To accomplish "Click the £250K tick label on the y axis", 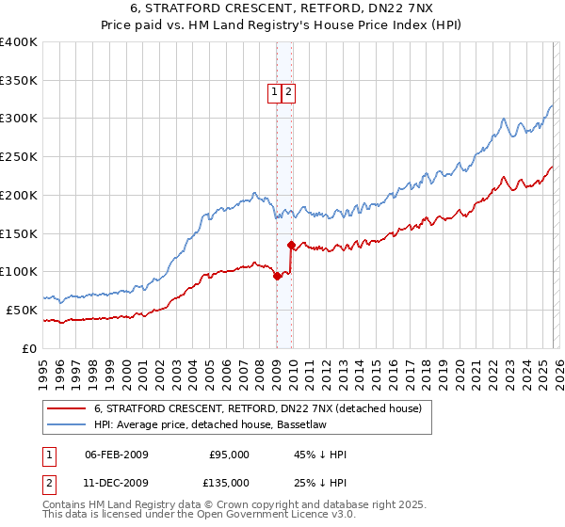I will click(x=19, y=157).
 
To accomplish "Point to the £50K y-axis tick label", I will click(x=22, y=310).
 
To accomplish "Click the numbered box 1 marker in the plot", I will click(x=274, y=92).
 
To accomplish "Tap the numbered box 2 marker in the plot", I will click(x=287, y=92).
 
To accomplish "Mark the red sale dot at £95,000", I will click(x=277, y=276).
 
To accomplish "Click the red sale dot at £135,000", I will click(x=291, y=246).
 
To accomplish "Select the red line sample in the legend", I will click(x=66, y=408).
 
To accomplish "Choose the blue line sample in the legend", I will click(x=66, y=424).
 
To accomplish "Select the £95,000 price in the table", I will click(x=229, y=455).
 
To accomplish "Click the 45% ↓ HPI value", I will click(x=320, y=455).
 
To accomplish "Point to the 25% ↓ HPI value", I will click(x=320, y=483).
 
